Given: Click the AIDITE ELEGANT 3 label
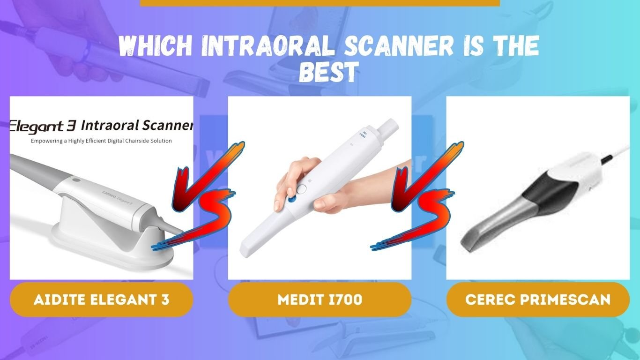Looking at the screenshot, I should tap(101, 300).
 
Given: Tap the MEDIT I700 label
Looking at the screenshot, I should tap(320, 300).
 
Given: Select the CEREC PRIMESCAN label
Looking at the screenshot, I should tap(537, 300).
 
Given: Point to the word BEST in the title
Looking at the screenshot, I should tap(329, 72).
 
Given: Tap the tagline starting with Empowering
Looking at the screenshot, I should tap(101, 141).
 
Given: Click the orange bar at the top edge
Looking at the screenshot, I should tap(320, 3).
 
